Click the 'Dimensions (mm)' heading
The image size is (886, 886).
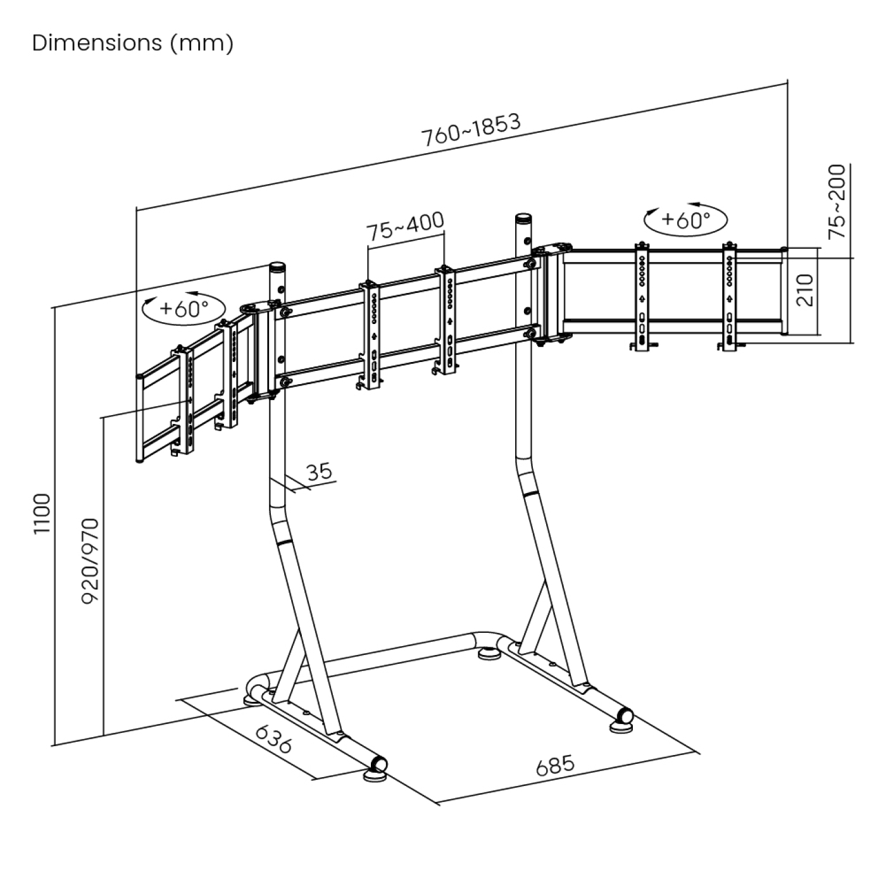tap(133, 43)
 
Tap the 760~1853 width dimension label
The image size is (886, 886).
tap(471, 130)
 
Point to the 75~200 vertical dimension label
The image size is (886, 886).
tap(836, 201)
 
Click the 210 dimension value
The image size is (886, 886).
tap(804, 290)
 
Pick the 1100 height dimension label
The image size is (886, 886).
tap(42, 513)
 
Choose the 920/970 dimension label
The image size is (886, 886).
tap(90, 561)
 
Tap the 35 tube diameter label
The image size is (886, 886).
tap(319, 472)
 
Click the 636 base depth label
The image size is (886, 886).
tap(273, 739)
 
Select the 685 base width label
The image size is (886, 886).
tap(556, 765)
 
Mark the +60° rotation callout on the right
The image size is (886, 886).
tap(685, 220)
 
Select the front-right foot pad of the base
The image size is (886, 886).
tap(621, 726)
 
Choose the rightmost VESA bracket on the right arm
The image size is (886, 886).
tap(730, 294)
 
